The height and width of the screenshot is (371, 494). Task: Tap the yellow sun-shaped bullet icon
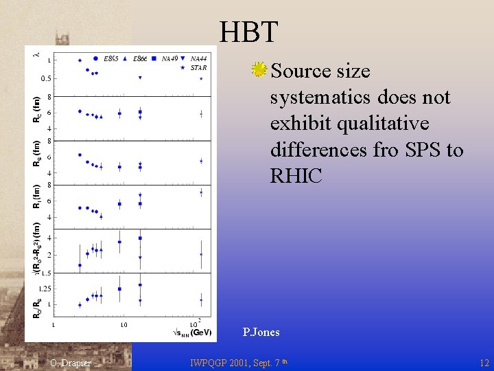pyautogui.click(x=259, y=69)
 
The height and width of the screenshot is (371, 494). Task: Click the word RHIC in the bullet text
pyautogui.click(x=296, y=176)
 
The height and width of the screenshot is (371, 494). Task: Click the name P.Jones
pyautogui.click(x=261, y=333)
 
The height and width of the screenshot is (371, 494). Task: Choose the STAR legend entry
pyautogui.click(x=198, y=67)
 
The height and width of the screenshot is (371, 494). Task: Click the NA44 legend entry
pyautogui.click(x=199, y=58)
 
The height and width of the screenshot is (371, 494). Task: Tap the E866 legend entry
pyautogui.click(x=141, y=58)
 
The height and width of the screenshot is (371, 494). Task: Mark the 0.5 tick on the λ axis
pyautogui.click(x=45, y=78)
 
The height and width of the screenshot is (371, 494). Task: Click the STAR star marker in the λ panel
pyautogui.click(x=200, y=78)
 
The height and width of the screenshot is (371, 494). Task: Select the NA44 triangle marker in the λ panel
pyautogui.click(x=140, y=78)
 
